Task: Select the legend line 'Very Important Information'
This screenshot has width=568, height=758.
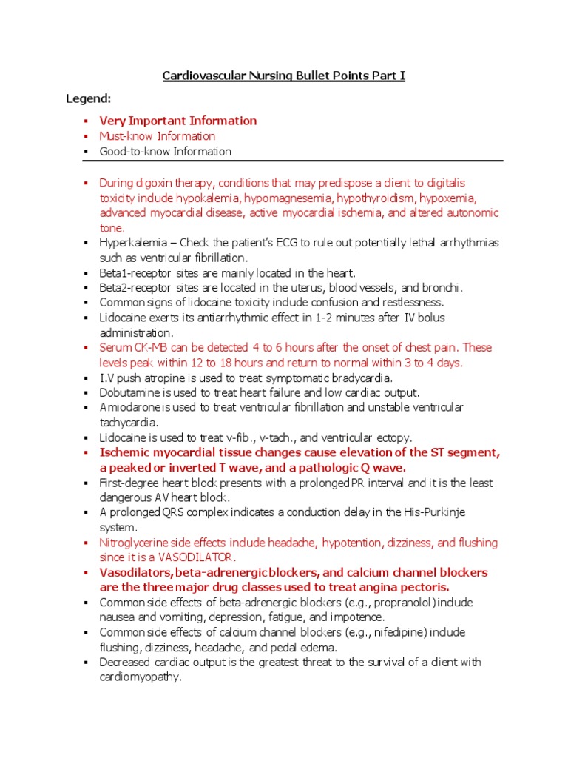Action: coord(178,121)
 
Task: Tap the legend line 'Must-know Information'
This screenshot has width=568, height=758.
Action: coord(158,136)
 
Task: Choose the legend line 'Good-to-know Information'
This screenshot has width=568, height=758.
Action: coord(166,152)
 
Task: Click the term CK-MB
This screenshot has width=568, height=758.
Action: coord(146,348)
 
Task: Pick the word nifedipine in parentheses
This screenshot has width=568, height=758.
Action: coord(402,633)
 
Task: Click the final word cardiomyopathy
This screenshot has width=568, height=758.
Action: coord(140,677)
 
